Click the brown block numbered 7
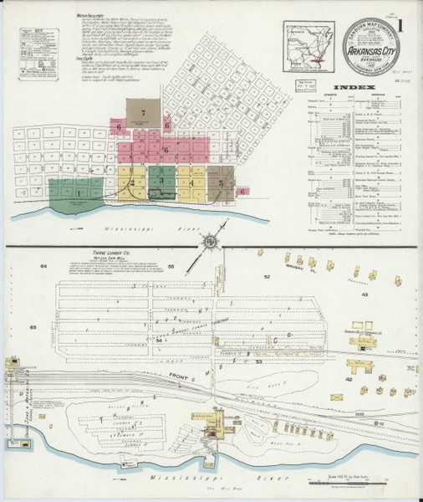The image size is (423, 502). coord(144,111)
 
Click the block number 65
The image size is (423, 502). coord(33,327)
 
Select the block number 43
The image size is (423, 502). coord(364,295)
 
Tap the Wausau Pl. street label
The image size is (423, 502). coord(290,270)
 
